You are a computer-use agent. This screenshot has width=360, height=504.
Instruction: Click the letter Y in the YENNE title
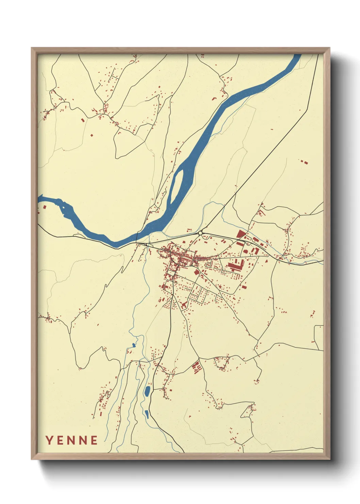pos(49,440)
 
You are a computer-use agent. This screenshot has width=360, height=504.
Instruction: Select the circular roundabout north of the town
pos(200,233)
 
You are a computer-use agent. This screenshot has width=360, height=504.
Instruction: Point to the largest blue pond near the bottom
pos(147,391)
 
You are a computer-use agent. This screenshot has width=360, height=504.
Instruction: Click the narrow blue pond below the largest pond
pos(147,414)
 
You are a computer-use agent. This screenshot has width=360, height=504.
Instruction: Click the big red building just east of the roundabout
pos(241,234)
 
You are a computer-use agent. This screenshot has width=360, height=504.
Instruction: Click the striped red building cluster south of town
pos(196,367)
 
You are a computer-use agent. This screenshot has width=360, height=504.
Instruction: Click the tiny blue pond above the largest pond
pos(134,345)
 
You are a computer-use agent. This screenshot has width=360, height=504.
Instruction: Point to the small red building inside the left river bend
pos(44,206)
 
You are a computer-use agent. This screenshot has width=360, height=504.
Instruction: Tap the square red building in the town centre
pos(196,272)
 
